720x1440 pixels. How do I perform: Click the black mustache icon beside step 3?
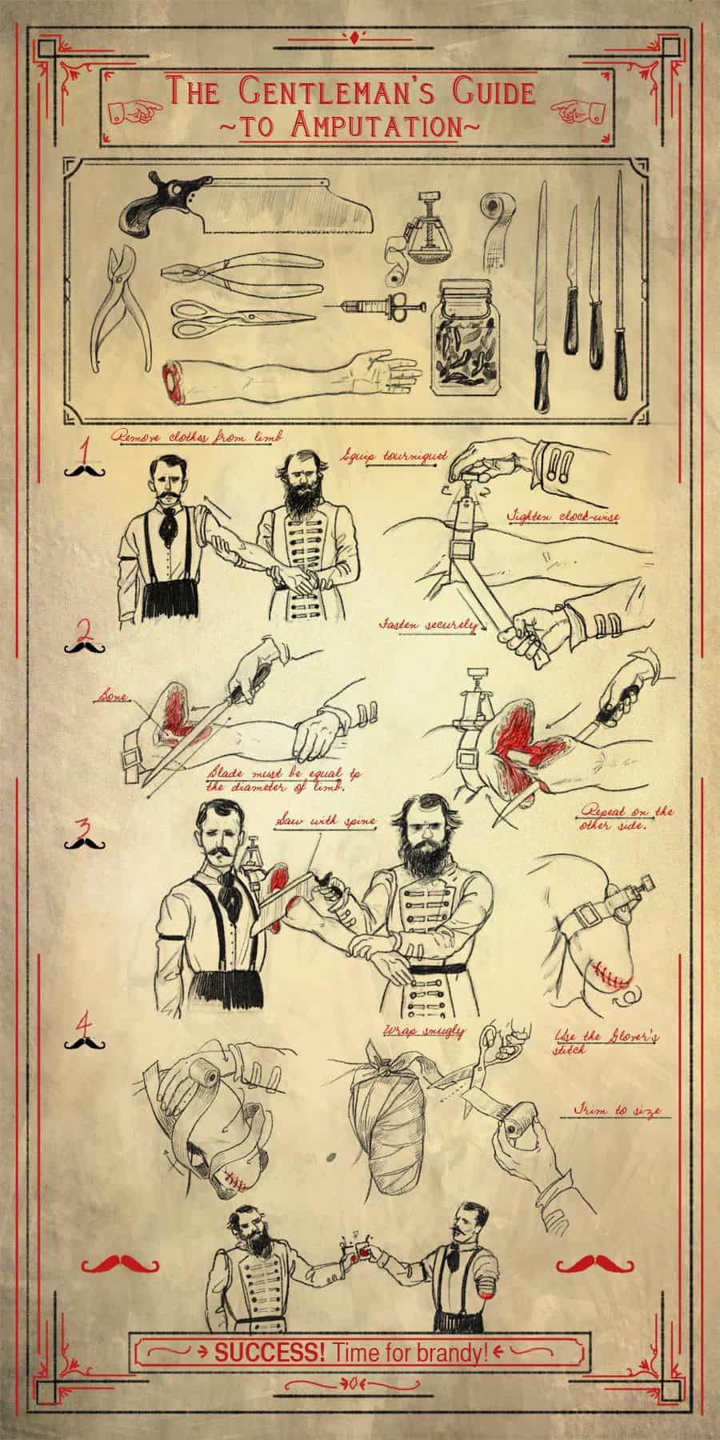coord(83,843)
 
